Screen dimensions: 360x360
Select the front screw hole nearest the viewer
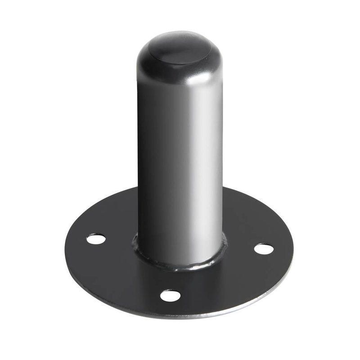pos(171,296)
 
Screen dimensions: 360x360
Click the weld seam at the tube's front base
pos(180,265)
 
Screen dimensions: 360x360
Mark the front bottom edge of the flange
pos(180,318)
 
